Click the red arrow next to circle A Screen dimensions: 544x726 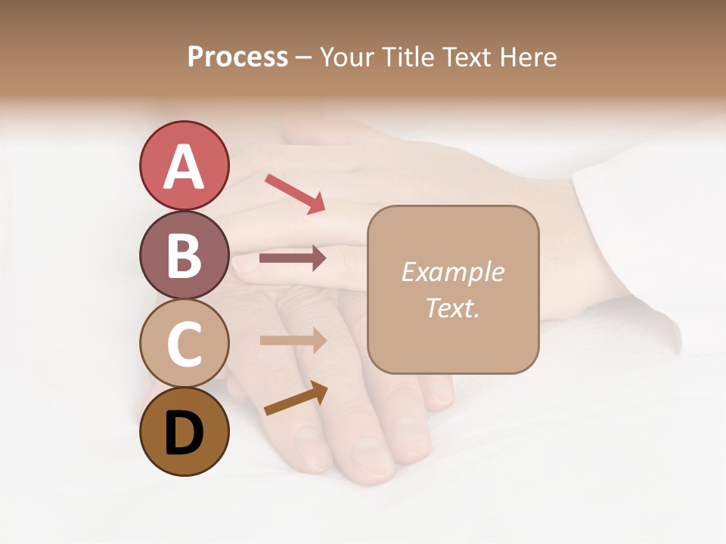(x=295, y=193)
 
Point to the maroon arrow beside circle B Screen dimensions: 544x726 (x=293, y=258)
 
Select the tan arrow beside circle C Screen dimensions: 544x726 (x=293, y=340)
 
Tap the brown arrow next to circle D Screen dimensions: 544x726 (x=296, y=398)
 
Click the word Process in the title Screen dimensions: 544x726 (x=237, y=57)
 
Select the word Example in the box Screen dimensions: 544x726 (x=452, y=272)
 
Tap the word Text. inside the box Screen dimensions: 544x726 (x=452, y=308)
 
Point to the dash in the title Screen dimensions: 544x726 (x=303, y=58)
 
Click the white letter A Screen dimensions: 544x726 (x=184, y=167)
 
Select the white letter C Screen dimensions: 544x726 (x=184, y=345)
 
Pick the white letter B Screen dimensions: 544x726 (x=184, y=256)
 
